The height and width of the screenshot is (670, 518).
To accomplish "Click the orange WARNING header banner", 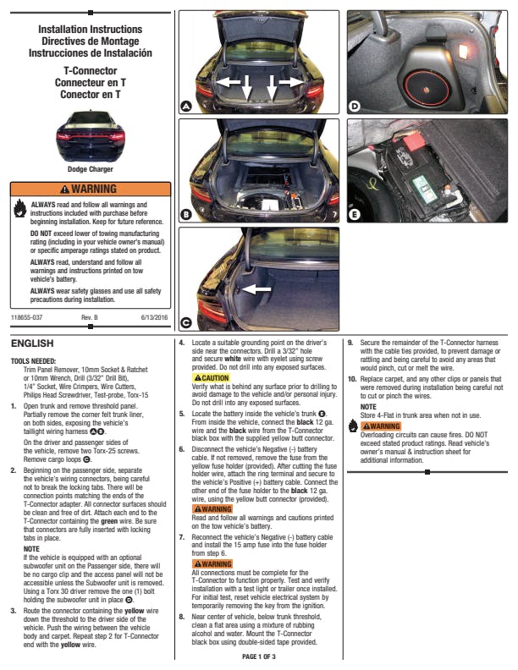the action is tap(91, 189).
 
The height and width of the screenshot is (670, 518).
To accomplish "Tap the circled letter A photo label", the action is tap(186, 106).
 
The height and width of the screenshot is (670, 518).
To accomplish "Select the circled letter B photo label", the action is tap(186, 214).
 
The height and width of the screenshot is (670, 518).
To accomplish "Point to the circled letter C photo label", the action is tap(186, 322).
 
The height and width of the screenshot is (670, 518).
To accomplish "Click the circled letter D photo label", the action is tap(355, 106).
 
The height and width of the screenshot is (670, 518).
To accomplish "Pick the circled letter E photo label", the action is tap(355, 214).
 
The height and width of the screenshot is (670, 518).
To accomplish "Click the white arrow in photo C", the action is tap(256, 289).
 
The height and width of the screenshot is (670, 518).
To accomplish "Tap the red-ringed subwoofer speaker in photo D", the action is tap(427, 90).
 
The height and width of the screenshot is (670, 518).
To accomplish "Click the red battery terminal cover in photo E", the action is tap(414, 142).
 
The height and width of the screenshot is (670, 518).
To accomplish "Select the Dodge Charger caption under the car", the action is tap(91, 169).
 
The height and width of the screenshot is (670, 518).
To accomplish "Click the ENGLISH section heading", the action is tap(32, 343).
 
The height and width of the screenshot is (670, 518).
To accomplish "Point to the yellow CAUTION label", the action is tap(211, 378).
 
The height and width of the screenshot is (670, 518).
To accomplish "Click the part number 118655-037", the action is tap(26, 317).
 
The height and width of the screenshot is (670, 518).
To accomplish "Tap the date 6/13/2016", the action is tap(154, 317).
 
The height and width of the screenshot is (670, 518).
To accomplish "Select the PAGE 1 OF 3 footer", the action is tap(259, 656).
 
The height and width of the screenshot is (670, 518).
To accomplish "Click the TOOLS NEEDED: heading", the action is tap(33, 361).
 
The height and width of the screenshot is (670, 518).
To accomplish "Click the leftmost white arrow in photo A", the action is tap(229, 81).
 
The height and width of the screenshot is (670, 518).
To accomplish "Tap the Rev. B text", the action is tap(90, 317).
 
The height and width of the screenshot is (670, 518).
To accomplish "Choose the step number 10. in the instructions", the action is tap(352, 379).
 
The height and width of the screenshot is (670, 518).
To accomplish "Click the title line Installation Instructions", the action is tap(91, 30).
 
